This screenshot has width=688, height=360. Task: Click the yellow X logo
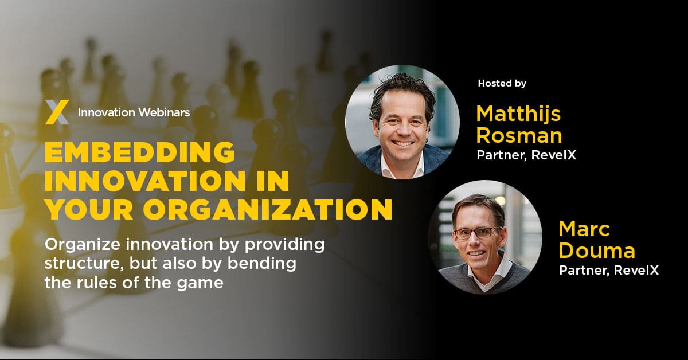pyautogui.click(x=57, y=112)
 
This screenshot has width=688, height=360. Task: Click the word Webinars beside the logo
pyautogui.click(x=163, y=112)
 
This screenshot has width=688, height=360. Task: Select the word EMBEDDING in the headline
pyautogui.click(x=139, y=153)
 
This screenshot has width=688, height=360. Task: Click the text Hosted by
pyautogui.click(x=502, y=84)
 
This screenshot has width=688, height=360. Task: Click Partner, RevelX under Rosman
pyautogui.click(x=526, y=155)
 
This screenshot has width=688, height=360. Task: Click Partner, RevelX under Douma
pyautogui.click(x=609, y=271)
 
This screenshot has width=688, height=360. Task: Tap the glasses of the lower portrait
pyautogui.click(x=477, y=233)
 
